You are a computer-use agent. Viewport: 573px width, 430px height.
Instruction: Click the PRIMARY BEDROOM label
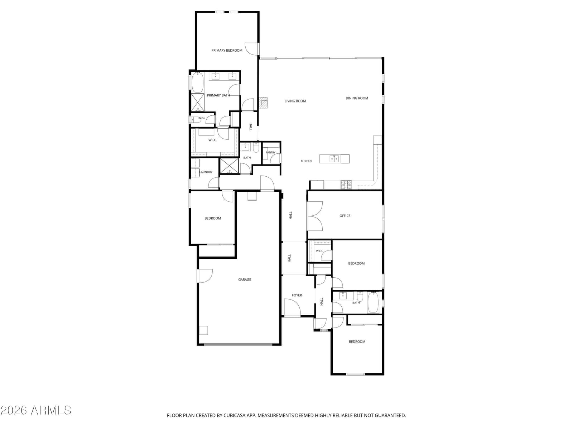(x=227, y=51)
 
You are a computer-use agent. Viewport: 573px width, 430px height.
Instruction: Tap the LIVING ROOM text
(x=295, y=101)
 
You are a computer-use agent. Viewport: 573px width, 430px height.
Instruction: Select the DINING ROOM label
(x=357, y=98)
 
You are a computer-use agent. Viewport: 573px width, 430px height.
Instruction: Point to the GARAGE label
(x=244, y=279)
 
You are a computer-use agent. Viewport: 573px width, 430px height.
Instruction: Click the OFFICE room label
(x=345, y=216)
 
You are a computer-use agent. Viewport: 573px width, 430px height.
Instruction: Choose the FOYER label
(x=297, y=295)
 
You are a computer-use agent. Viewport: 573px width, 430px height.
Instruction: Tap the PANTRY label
(x=270, y=153)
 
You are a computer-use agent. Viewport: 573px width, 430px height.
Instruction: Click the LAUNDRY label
(x=206, y=172)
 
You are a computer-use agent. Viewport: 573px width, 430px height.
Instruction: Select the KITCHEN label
(x=306, y=161)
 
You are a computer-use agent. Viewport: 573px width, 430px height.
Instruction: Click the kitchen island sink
(x=334, y=158)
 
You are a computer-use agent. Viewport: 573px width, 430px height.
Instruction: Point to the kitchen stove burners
(x=346, y=185)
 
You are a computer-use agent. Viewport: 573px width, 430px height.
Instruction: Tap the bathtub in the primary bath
(x=198, y=82)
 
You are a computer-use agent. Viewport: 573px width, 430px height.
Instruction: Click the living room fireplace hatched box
(x=263, y=103)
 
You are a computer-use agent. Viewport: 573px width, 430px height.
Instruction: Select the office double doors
(x=314, y=216)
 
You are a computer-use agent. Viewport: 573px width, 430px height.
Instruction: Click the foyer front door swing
(x=292, y=307)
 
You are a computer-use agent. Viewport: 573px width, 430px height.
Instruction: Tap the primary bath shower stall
(x=198, y=102)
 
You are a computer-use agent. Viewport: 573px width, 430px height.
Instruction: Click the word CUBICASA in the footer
(x=235, y=415)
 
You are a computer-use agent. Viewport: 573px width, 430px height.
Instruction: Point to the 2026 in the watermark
(x=14, y=410)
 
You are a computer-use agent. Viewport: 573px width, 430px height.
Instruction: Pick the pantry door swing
(x=275, y=158)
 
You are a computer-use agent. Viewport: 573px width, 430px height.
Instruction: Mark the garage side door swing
(x=206, y=276)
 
